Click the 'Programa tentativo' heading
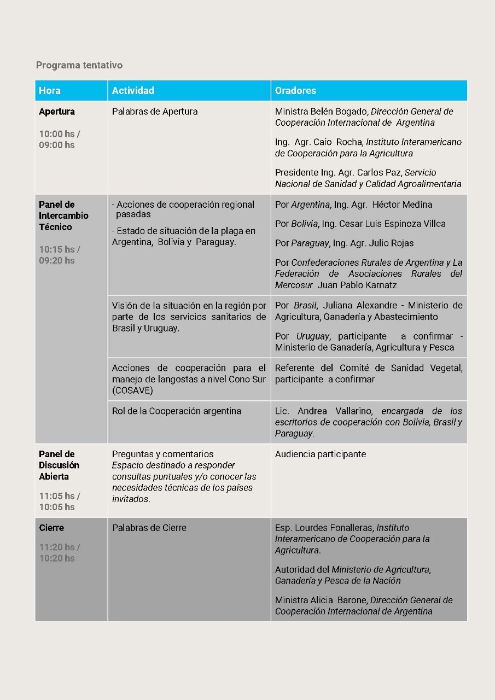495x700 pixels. [79, 65]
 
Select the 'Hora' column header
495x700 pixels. [50, 91]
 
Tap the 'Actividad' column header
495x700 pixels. [133, 91]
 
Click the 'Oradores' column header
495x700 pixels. [295, 91]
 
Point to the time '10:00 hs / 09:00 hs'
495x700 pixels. [57, 139]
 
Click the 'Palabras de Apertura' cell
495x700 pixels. [155, 112]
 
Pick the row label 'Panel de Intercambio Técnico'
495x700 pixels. [63, 216]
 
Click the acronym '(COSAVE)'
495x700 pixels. [133, 390]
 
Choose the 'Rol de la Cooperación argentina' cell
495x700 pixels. [177, 411]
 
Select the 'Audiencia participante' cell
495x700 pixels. [321, 454]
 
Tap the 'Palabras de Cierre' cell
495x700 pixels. [149, 528]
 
